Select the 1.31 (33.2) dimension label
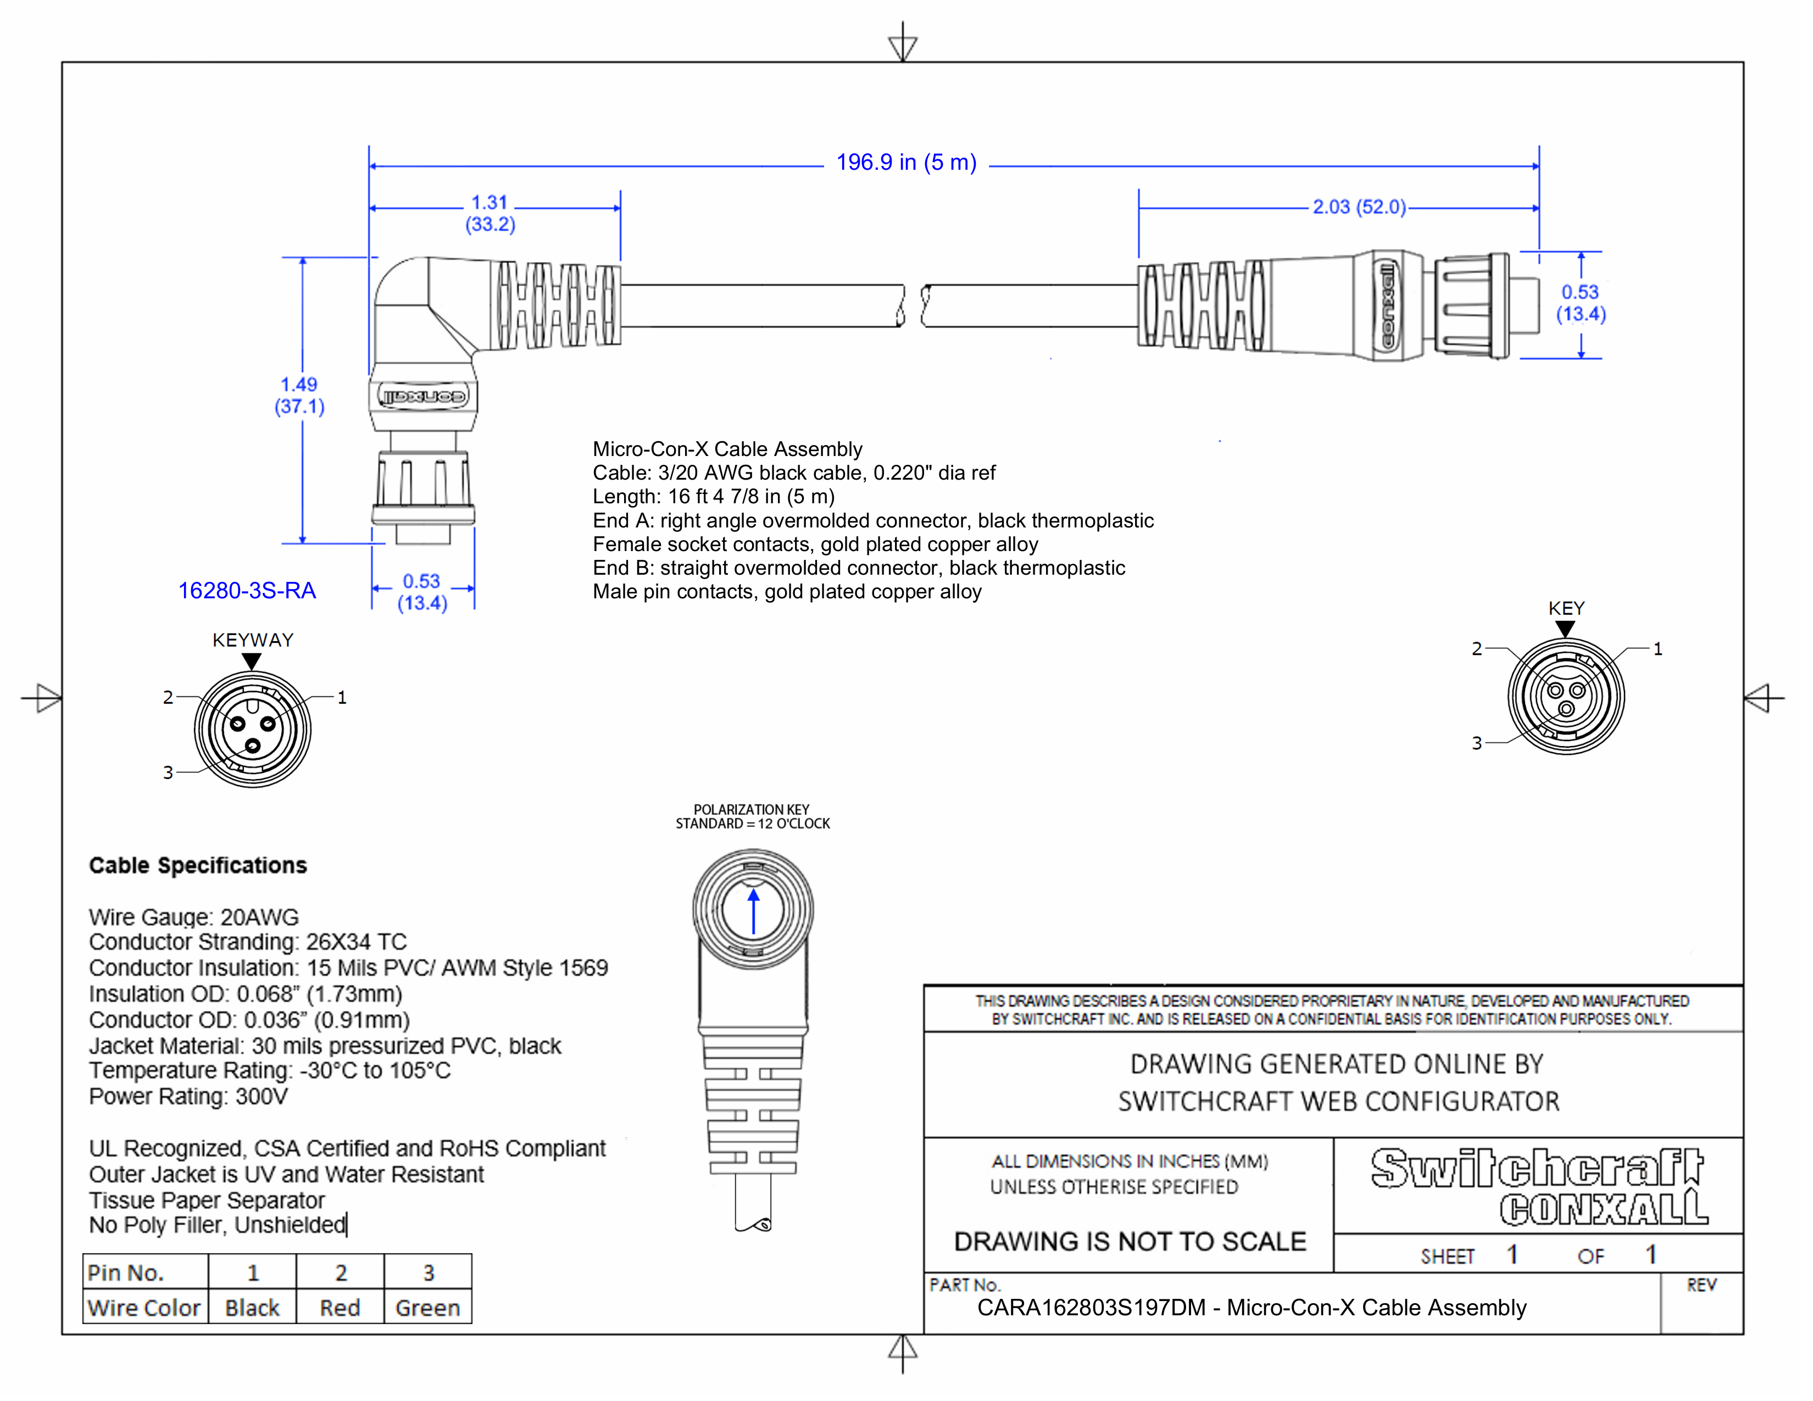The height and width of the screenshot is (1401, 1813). pyautogui.click(x=490, y=213)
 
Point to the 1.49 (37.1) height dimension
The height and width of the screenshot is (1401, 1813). pyautogui.click(x=299, y=395)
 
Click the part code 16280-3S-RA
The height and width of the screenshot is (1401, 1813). pyautogui.click(x=247, y=591)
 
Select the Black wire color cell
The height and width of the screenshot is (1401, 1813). pyautogui.click(x=252, y=1308)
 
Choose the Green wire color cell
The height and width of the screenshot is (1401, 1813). pyautogui.click(x=427, y=1308)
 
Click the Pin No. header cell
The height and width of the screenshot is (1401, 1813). pyautogui.click(x=126, y=1273)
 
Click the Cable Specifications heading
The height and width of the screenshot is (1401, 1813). pyautogui.click(x=198, y=866)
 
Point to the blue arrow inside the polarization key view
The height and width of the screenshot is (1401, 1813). pyautogui.click(x=754, y=911)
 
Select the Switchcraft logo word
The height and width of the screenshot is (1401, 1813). pyautogui.click(x=1537, y=1169)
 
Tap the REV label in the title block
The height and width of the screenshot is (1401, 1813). pyautogui.click(x=1701, y=1286)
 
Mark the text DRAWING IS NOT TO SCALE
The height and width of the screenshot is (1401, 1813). pyautogui.click(x=1130, y=1242)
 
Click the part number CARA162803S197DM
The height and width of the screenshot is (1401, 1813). pyautogui.click(x=1090, y=1308)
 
